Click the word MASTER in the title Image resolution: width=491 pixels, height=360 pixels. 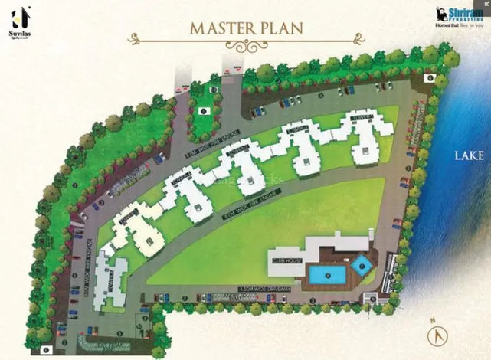click(217, 28)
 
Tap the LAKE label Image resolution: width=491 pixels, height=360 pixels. click(469, 155)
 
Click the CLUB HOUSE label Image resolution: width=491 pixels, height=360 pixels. click(283, 260)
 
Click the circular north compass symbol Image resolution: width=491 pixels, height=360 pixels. click(437, 335)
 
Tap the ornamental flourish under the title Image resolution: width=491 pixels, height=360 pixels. click(245, 45)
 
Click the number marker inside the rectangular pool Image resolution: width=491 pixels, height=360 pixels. click(329, 273)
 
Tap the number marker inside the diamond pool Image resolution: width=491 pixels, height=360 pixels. click(362, 265)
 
